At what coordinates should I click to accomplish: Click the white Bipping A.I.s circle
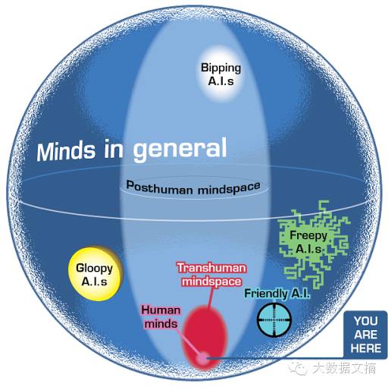[221, 74]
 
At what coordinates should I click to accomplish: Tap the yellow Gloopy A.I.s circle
[95, 274]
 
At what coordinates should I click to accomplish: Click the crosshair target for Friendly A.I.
[274, 320]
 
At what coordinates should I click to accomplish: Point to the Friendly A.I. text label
[277, 294]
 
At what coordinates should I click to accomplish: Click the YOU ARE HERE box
[365, 335]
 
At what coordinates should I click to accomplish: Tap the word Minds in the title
[66, 151]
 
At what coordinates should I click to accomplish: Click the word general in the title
[180, 149]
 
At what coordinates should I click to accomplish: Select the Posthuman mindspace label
[193, 187]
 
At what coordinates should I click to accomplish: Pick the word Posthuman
[160, 187]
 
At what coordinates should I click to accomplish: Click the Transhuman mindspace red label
[211, 275]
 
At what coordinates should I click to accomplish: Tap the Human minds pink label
[161, 317]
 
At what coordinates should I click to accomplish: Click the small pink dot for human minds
[203, 358]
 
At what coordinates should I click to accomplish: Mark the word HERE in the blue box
[366, 348]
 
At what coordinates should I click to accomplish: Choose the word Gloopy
[95, 269]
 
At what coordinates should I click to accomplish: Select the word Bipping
[221, 68]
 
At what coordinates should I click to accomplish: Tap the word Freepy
[308, 236]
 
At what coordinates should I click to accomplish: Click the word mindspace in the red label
[211, 282]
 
